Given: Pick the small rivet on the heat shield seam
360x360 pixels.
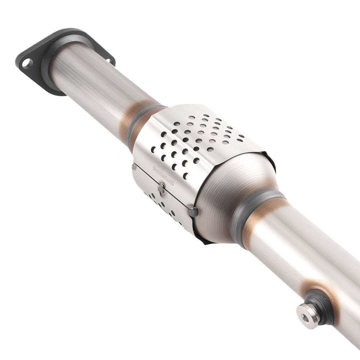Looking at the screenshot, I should coord(162,186).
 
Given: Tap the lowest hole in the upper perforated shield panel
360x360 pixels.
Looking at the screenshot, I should coord(185,176).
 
